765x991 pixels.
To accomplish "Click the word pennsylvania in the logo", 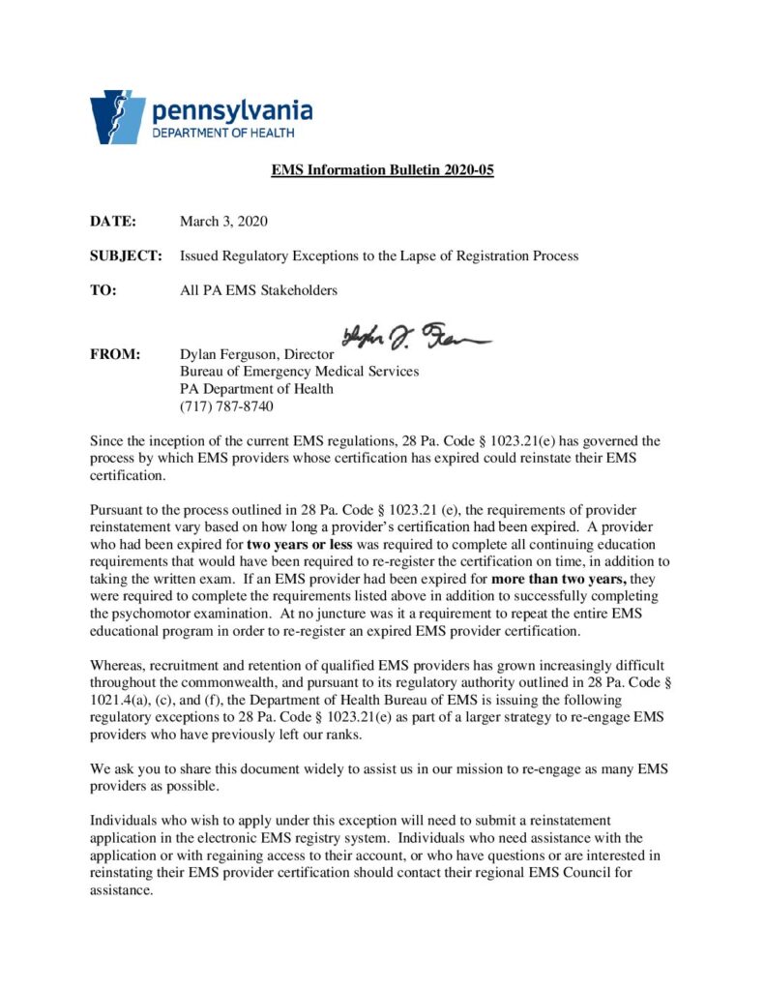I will tap(232, 108).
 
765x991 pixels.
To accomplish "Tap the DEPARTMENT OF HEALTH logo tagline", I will tap(223, 133).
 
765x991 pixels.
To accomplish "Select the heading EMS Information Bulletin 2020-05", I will tap(382, 170).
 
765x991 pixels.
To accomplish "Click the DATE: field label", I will tap(114, 222).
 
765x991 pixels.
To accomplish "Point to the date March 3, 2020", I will tap(223, 222).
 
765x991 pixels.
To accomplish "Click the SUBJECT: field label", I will tap(126, 255).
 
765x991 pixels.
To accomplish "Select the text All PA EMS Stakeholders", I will tap(258, 289).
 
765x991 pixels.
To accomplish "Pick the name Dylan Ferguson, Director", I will tap(256, 355).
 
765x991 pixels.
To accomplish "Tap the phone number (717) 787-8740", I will tap(226, 405).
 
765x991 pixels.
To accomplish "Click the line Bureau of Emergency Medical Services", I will tap(300, 372).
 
